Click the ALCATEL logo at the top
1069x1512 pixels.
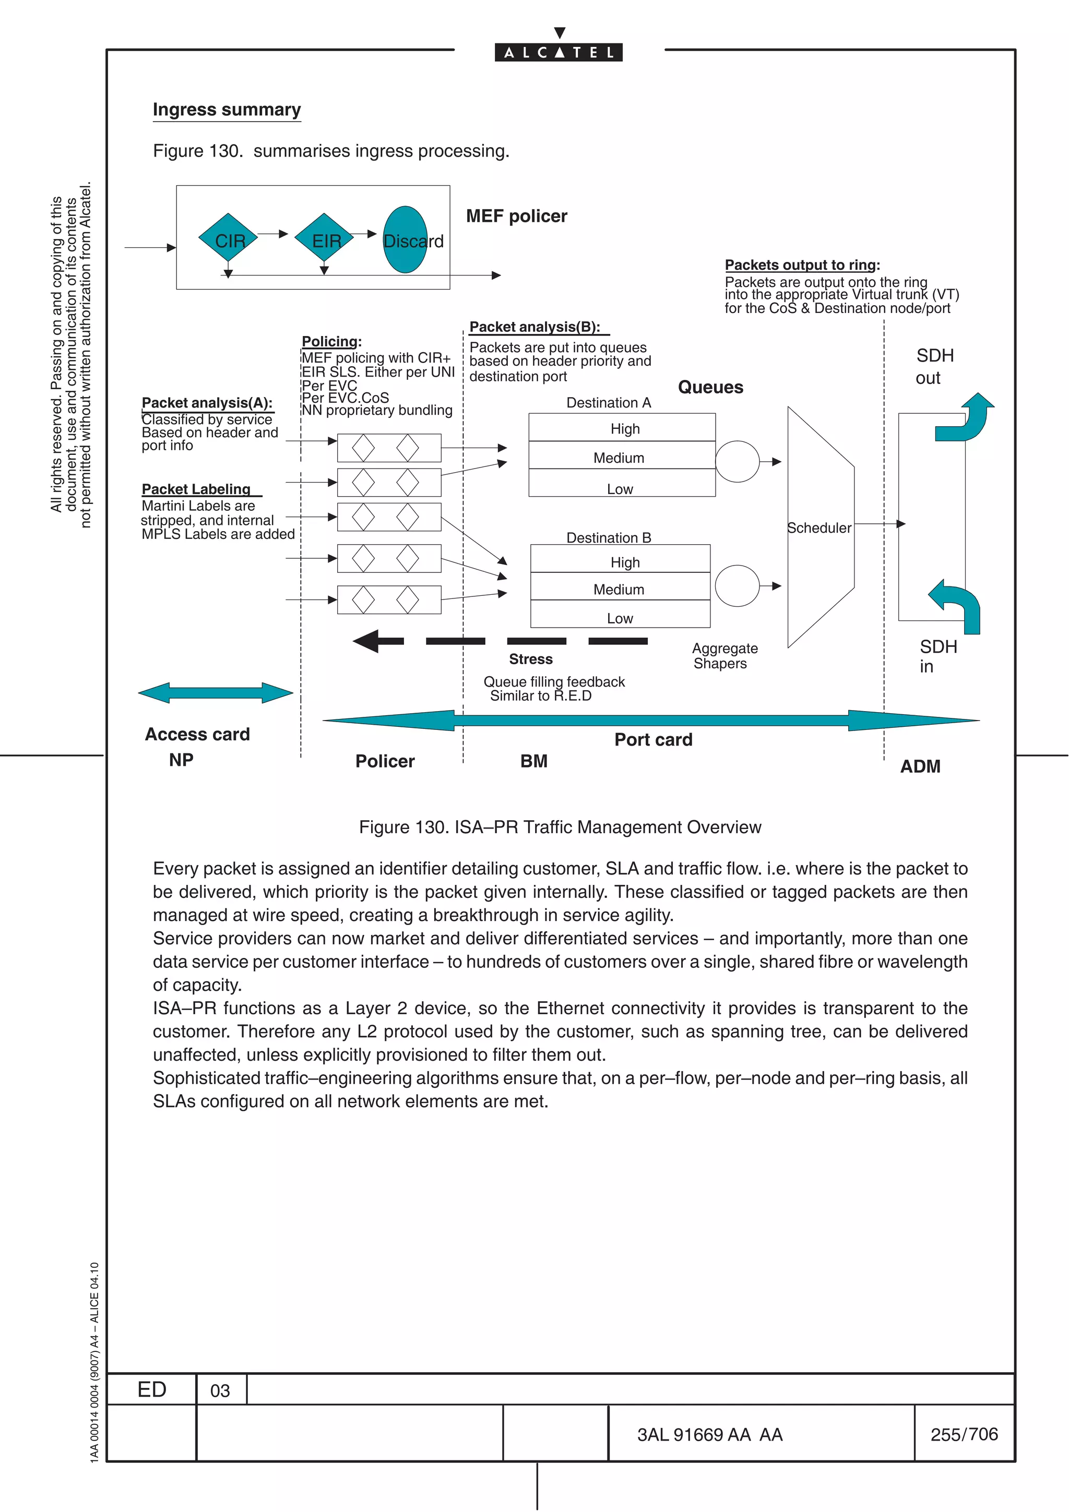tap(559, 52)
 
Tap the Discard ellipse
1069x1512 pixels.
tap(405, 239)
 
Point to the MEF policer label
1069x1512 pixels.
tap(516, 216)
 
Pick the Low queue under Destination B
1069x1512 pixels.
tap(620, 618)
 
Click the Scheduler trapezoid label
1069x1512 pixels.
tap(818, 527)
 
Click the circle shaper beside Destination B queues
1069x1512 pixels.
tap(737, 585)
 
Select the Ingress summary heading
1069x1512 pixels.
tap(227, 110)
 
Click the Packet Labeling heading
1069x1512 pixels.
tap(196, 489)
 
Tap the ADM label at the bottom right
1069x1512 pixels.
tap(920, 766)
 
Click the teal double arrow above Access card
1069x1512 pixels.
tap(216, 693)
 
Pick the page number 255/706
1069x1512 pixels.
tap(964, 1434)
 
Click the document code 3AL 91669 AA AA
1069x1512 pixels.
tap(709, 1434)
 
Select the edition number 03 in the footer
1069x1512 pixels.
tap(220, 1390)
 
